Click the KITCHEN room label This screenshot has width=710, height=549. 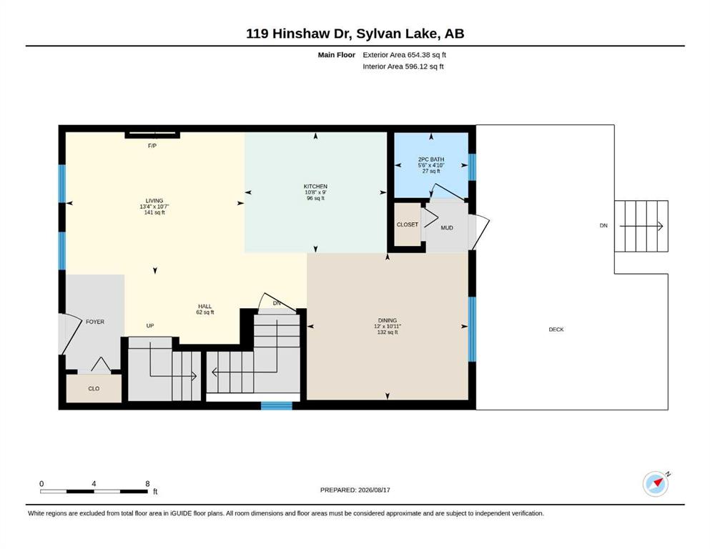[315, 187]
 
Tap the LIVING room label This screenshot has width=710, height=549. [154, 200]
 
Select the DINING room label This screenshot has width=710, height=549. [387, 320]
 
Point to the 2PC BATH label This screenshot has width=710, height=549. [431, 159]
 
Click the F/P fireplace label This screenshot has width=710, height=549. [152, 146]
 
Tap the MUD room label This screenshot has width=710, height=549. [447, 227]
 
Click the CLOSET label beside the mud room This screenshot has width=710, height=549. [407, 224]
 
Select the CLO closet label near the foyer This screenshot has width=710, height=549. [94, 388]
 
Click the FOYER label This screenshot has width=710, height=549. [95, 322]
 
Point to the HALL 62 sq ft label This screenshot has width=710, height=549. [205, 309]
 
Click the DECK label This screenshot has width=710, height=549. [556, 330]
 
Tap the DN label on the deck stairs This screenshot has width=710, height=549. [603, 225]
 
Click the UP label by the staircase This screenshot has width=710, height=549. [150, 325]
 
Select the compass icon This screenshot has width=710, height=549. [656, 484]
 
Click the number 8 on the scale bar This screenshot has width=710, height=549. [147, 483]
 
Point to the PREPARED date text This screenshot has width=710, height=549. [355, 490]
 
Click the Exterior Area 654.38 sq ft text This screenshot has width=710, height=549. [405, 55]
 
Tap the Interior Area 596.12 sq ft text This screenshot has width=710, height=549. [403, 66]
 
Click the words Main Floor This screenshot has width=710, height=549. [337, 55]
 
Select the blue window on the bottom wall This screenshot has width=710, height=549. [277, 405]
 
